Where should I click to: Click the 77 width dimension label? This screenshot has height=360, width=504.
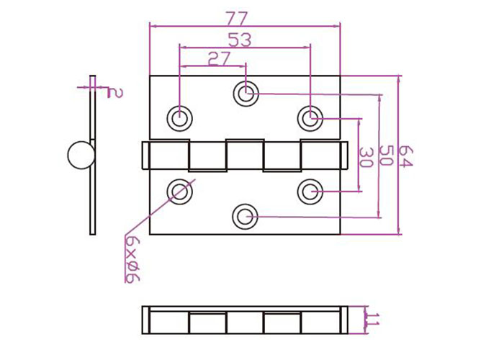coord(238,19)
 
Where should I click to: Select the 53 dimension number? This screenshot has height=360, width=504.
coord(240,40)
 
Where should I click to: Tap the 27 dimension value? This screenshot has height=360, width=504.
coord(220,59)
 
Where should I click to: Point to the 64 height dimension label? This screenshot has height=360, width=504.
coord(405,156)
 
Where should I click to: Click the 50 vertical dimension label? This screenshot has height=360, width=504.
coord(387,156)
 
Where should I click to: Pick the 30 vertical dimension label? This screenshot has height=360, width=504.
coord(366,158)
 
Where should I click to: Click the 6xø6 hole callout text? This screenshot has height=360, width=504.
coord(132,260)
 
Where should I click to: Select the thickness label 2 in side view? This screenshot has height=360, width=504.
coord(114,93)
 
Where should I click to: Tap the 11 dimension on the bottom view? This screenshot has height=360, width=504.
coord(373,319)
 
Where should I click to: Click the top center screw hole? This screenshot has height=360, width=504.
coord(246,94)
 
